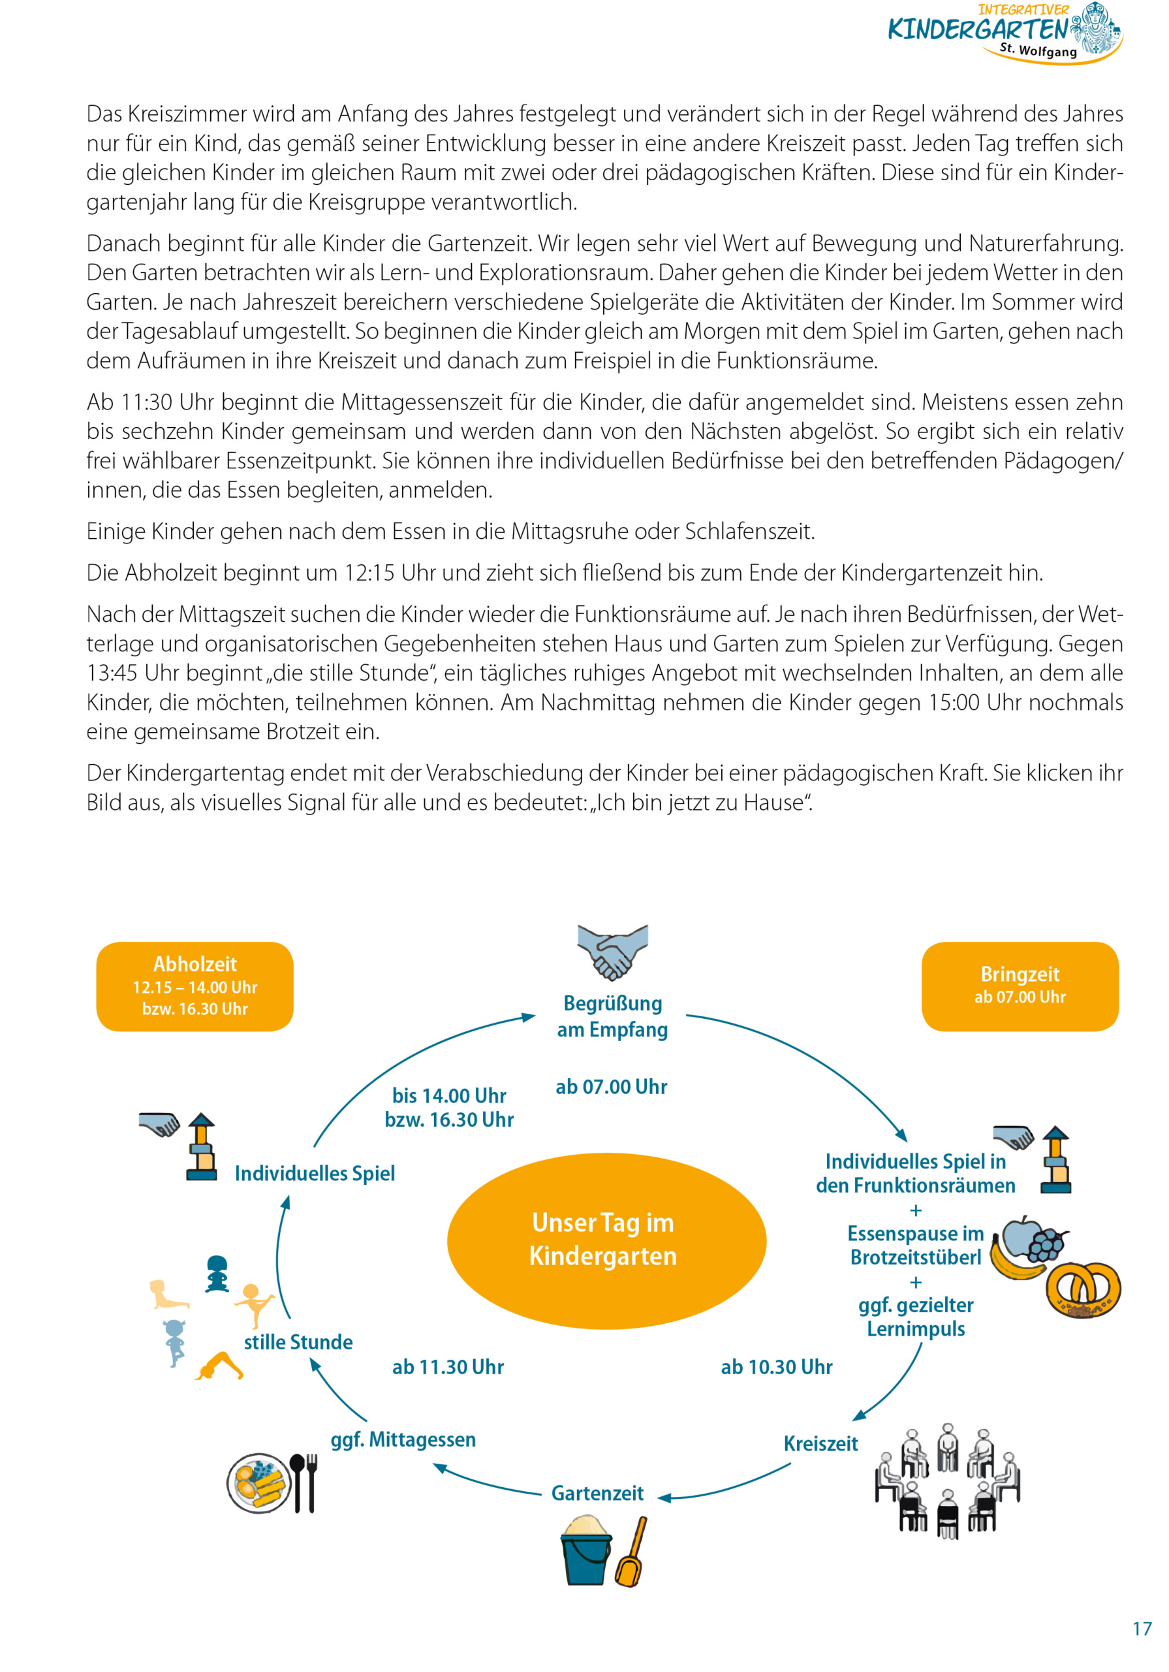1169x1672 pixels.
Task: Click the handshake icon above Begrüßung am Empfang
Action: (612, 952)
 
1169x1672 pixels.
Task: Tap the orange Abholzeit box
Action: (195, 986)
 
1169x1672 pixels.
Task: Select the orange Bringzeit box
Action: (1019, 986)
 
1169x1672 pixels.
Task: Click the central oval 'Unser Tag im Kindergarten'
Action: (606, 1240)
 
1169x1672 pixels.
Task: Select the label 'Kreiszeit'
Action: (820, 1443)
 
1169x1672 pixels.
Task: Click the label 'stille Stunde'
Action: (298, 1342)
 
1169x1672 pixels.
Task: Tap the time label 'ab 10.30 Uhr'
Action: (776, 1367)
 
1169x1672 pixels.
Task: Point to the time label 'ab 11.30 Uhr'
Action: (448, 1367)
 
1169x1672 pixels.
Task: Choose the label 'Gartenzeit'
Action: (597, 1493)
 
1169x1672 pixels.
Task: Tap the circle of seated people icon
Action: (946, 1481)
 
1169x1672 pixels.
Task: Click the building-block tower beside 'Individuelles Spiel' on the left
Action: (201, 1147)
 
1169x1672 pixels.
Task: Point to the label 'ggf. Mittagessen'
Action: (403, 1439)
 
